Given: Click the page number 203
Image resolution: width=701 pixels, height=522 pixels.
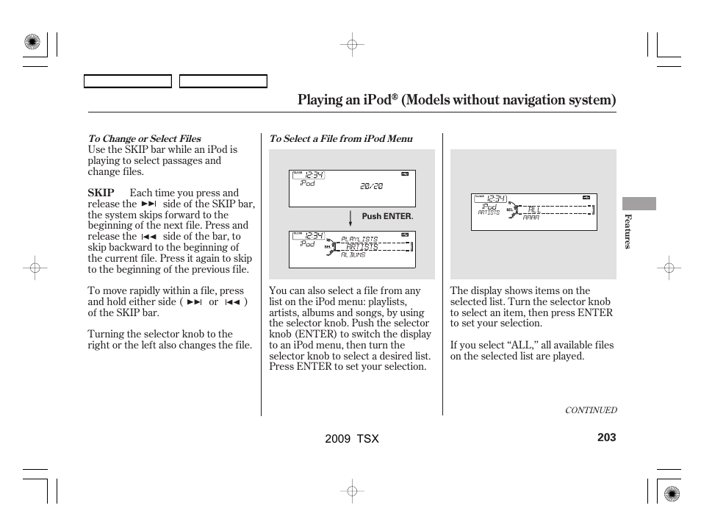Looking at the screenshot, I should pos(606,437).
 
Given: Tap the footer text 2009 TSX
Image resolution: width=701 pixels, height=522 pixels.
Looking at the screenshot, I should pos(351,438).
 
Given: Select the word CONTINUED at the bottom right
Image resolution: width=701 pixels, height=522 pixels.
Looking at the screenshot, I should pos(590,410).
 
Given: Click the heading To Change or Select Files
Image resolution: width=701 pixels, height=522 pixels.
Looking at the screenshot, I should pos(144,138).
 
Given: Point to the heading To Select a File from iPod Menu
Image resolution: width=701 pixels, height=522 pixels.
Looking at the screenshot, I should pos(340,138).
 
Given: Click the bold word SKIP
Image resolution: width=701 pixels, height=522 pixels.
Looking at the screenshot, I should pos(101,193).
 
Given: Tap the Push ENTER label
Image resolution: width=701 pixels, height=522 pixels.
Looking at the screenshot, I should pos(387,217).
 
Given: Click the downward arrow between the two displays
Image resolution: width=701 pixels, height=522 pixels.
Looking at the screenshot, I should pos(351,218).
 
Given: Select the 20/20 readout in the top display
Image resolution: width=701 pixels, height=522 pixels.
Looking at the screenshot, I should pos(371,187).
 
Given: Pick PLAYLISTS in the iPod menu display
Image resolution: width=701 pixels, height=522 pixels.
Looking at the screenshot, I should pos(359,239).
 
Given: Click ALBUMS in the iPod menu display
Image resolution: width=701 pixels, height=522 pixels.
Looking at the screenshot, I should pos(353,254).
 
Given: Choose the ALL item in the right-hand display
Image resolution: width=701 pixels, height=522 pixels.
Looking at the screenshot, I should pos(534,210).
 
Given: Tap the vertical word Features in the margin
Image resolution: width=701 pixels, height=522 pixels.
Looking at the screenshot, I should pos(628,231).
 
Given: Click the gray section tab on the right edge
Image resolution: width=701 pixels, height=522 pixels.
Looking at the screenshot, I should pos(639,204).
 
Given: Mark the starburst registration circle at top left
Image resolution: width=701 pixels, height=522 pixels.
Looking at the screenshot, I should pos(32,43).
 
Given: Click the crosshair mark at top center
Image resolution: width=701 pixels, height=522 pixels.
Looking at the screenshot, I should pos(352,45).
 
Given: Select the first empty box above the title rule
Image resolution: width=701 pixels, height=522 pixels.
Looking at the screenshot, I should pos(128,82).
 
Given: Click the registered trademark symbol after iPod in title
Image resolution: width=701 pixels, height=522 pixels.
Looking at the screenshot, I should pos(394,96).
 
